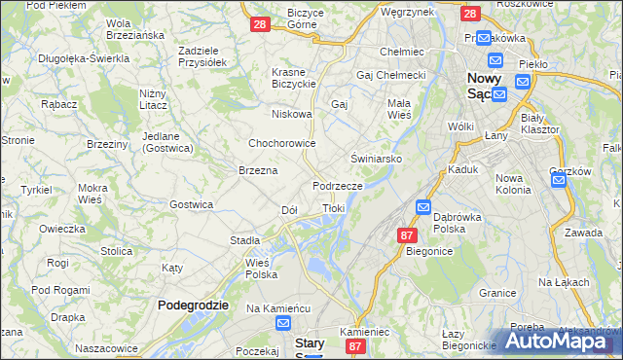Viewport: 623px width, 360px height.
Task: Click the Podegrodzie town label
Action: (x=193, y=305)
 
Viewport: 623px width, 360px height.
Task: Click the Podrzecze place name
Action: (x=338, y=186)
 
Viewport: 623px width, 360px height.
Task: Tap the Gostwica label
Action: (x=191, y=204)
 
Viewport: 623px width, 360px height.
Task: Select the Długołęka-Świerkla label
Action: (x=84, y=58)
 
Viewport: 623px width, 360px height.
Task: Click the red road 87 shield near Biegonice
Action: (x=407, y=234)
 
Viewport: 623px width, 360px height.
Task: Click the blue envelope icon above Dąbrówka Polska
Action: (x=423, y=206)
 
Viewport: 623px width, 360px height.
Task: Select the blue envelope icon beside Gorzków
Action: (x=562, y=191)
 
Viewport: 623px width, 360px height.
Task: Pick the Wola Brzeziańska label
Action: (x=135, y=28)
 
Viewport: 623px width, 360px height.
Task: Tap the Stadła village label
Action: (x=244, y=239)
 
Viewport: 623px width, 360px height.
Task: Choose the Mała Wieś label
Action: (x=400, y=108)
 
